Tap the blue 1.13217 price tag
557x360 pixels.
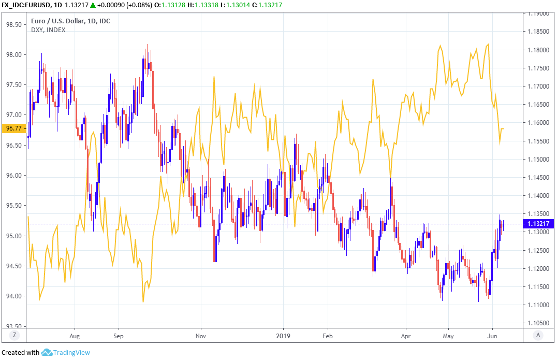click(x=539, y=224)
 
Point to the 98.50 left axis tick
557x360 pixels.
click(x=14, y=24)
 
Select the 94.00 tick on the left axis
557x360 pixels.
click(x=14, y=296)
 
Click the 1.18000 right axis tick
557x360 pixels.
click(x=539, y=50)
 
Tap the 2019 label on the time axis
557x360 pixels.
click(x=284, y=336)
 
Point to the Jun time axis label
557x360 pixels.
click(x=492, y=336)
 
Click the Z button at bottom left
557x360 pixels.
click(x=14, y=336)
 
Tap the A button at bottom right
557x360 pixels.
click(x=539, y=336)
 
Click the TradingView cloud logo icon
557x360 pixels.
click(x=47, y=352)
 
